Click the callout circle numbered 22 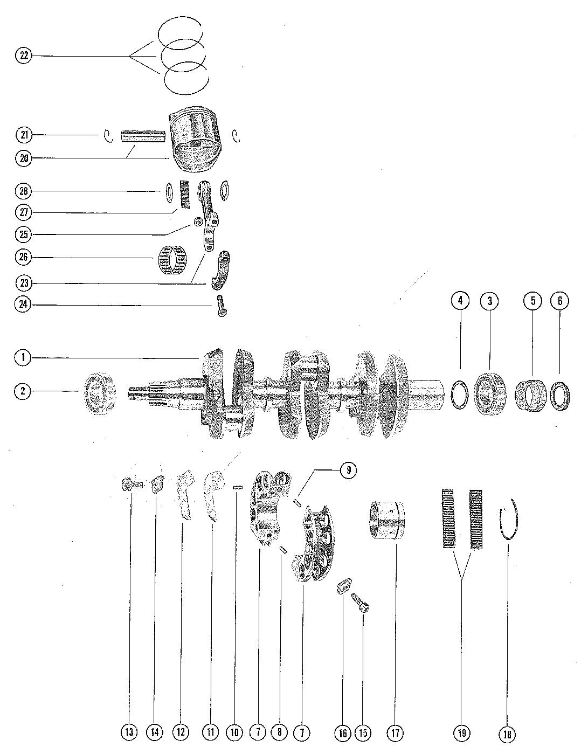tap(24, 56)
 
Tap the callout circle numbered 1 tap(23, 357)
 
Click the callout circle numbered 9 tap(348, 470)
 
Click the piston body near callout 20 tap(196, 139)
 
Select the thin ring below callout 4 tap(460, 395)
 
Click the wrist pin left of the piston tap(142, 135)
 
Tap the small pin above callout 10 tap(236, 487)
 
